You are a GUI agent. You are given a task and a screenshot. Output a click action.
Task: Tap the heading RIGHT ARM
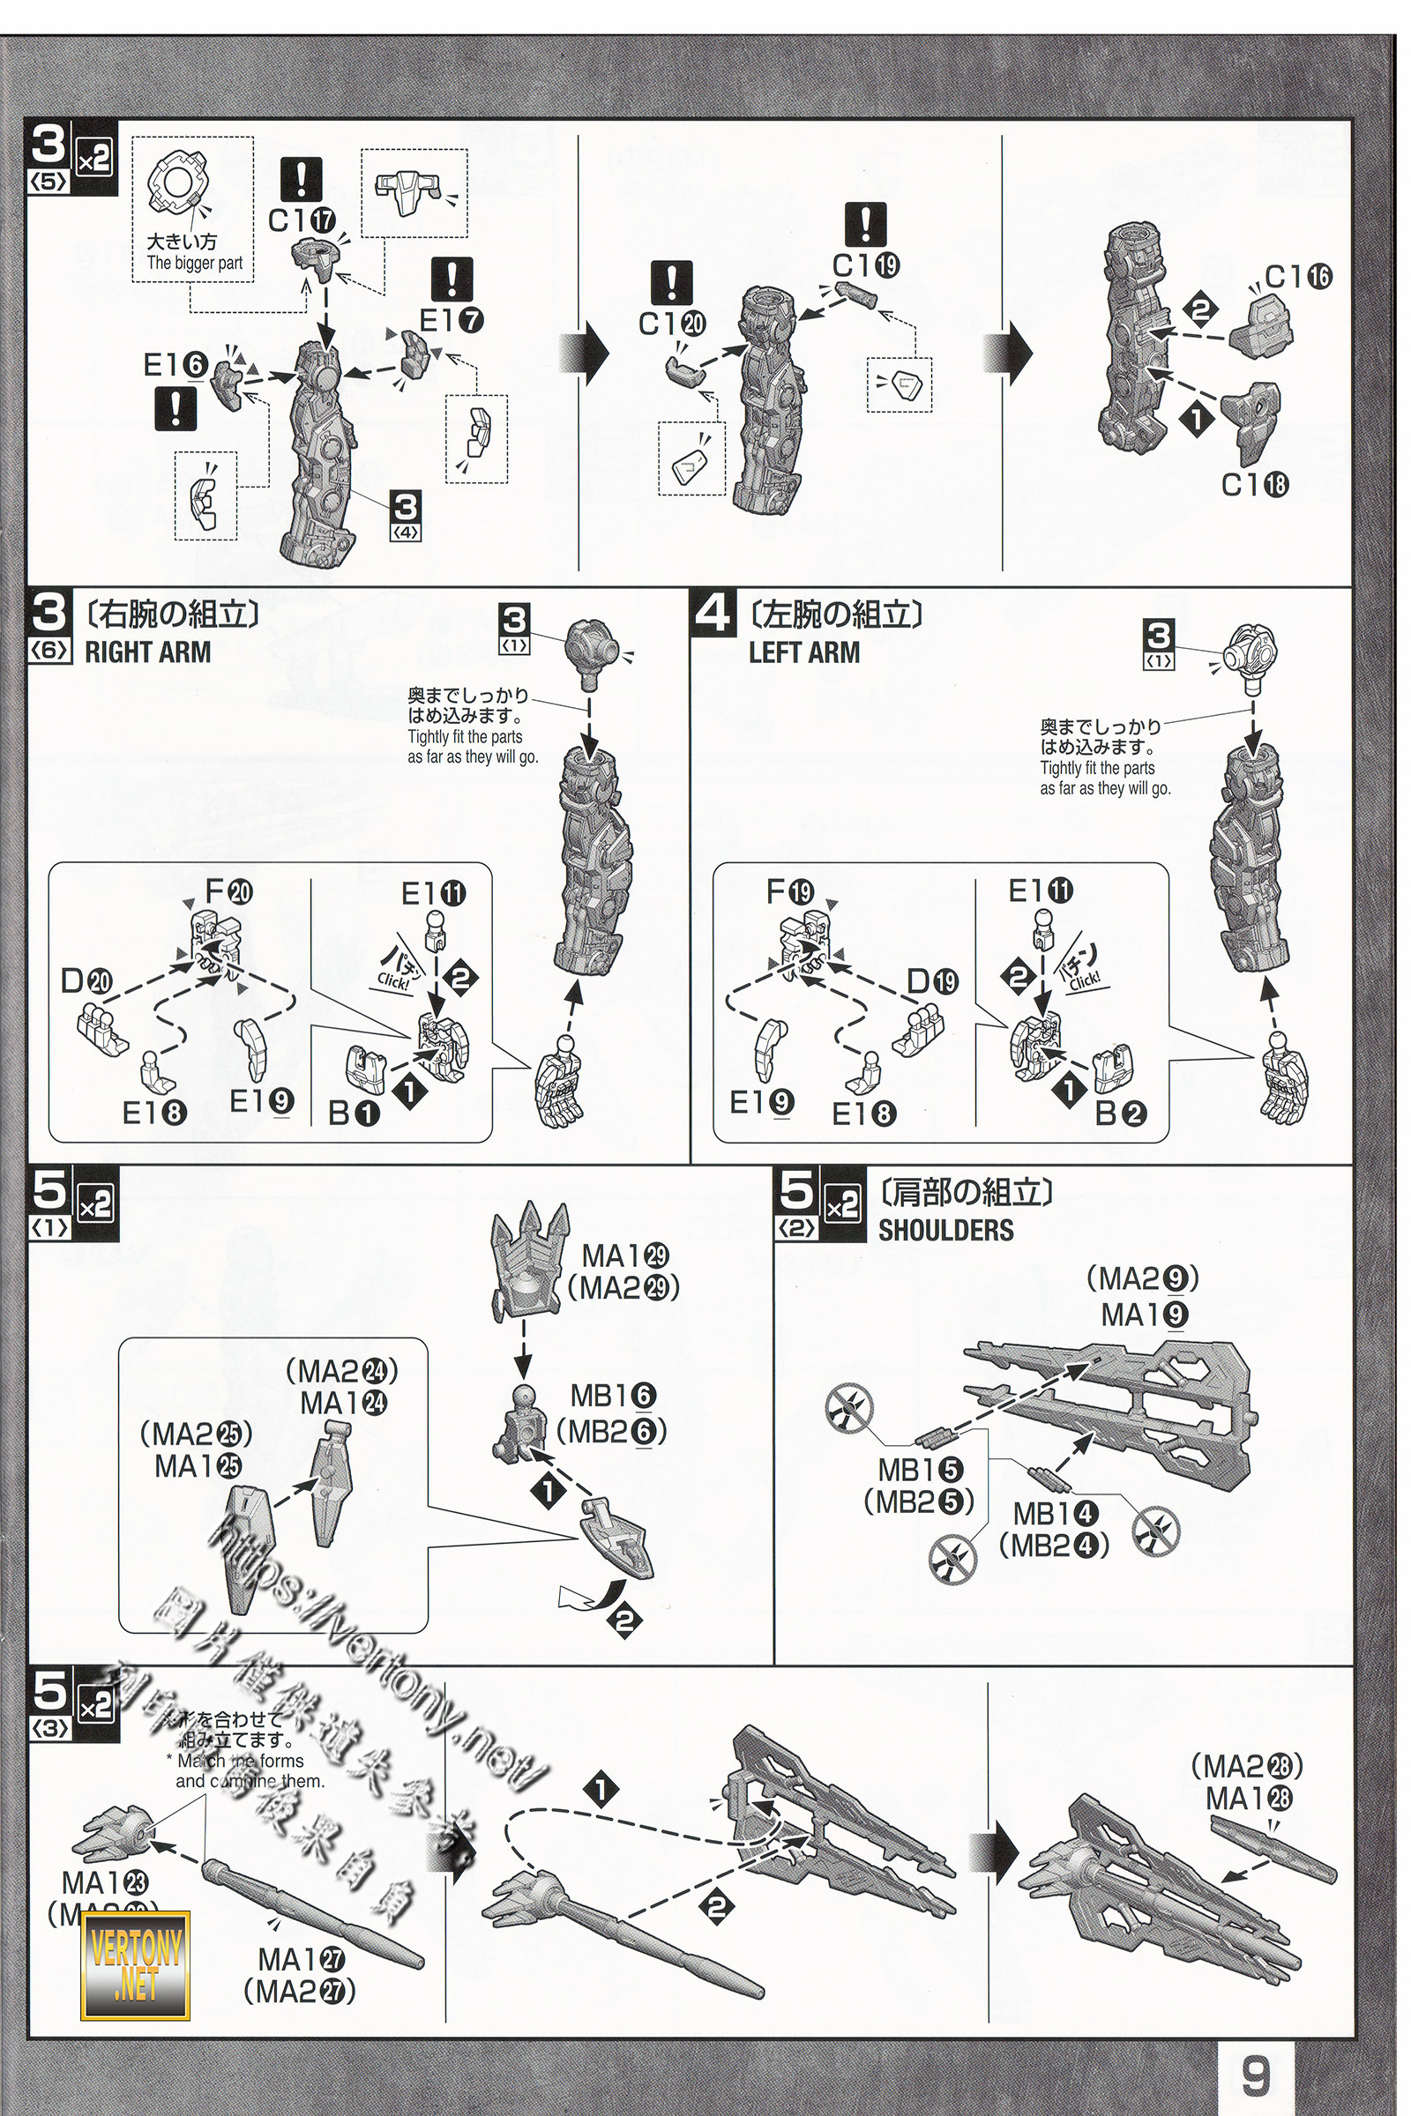pyautogui.click(x=147, y=652)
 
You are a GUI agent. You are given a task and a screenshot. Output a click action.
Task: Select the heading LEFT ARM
pyautogui.click(x=803, y=652)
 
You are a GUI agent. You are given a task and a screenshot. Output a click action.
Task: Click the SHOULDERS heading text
pyautogui.click(x=944, y=1230)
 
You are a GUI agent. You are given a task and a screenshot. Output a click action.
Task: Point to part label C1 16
pyautogui.click(x=1297, y=277)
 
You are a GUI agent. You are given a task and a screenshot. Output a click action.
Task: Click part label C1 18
pyautogui.click(x=1254, y=485)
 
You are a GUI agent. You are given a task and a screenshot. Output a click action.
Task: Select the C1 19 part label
pyautogui.click(x=866, y=265)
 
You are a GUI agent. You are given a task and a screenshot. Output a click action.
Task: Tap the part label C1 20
pyautogui.click(x=672, y=323)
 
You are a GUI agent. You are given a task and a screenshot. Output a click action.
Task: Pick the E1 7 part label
pyautogui.click(x=451, y=320)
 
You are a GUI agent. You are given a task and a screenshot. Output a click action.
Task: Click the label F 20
pyautogui.click(x=228, y=890)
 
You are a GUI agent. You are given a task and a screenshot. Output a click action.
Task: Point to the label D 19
pyautogui.click(x=931, y=980)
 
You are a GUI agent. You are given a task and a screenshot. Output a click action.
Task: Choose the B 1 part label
pyautogui.click(x=354, y=1113)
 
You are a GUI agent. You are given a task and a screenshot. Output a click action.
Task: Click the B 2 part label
pyautogui.click(x=1120, y=1113)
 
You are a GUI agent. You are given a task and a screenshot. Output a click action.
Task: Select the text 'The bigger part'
pyautogui.click(x=194, y=263)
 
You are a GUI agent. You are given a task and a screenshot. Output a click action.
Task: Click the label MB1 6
pyautogui.click(x=613, y=1396)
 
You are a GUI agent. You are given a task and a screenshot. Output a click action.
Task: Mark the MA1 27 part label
pyautogui.click(x=302, y=1958)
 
